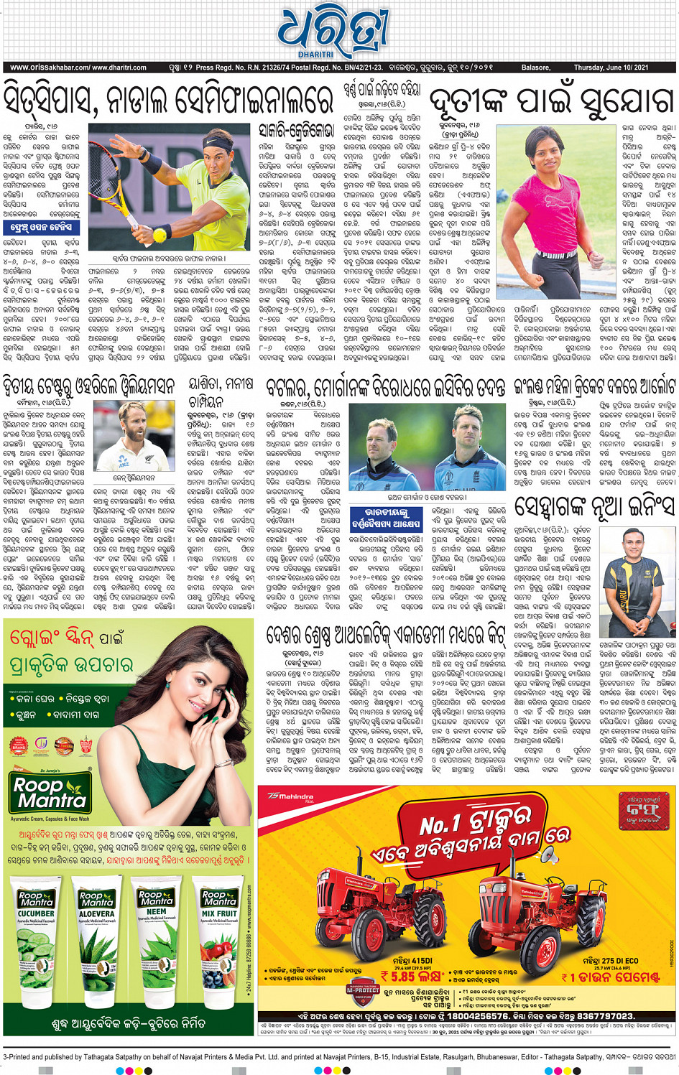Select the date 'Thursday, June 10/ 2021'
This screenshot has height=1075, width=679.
point(611,68)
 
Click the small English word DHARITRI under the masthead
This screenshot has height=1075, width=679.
point(316,55)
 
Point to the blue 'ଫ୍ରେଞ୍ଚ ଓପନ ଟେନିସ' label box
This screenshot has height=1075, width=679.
point(41,228)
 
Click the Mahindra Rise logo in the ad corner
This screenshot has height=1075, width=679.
point(290,796)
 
